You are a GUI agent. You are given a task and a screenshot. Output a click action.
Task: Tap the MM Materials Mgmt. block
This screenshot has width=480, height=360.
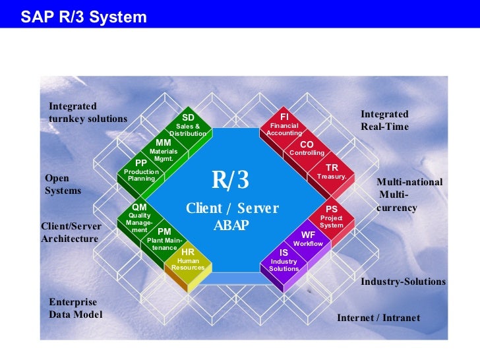click(164, 150)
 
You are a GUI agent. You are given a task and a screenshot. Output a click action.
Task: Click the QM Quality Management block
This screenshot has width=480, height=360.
click(139, 218)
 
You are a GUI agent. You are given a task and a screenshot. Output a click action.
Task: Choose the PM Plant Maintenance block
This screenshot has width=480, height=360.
click(164, 239)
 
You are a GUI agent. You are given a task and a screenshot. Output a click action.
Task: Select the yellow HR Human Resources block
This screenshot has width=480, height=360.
click(188, 260)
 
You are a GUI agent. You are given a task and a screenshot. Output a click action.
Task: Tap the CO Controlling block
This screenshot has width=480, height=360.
click(307, 148)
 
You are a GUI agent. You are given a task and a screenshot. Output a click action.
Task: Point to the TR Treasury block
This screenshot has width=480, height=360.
click(332, 172)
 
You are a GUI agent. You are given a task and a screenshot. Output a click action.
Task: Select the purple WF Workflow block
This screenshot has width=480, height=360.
click(308, 239)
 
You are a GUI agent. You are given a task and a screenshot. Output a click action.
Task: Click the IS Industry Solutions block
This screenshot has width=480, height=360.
click(284, 260)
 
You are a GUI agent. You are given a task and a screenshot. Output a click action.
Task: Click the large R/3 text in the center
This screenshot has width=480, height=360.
click(230, 179)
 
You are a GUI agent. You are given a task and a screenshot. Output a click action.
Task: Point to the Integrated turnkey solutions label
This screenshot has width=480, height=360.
click(88, 112)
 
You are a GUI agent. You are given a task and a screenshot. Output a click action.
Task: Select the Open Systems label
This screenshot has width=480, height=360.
click(63, 184)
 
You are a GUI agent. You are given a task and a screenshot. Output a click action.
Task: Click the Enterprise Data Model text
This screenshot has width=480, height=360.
click(76, 308)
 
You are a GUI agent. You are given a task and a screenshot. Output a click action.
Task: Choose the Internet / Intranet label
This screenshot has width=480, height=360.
click(378, 318)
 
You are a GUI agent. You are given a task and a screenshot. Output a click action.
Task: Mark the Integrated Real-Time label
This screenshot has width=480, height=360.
click(384, 120)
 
